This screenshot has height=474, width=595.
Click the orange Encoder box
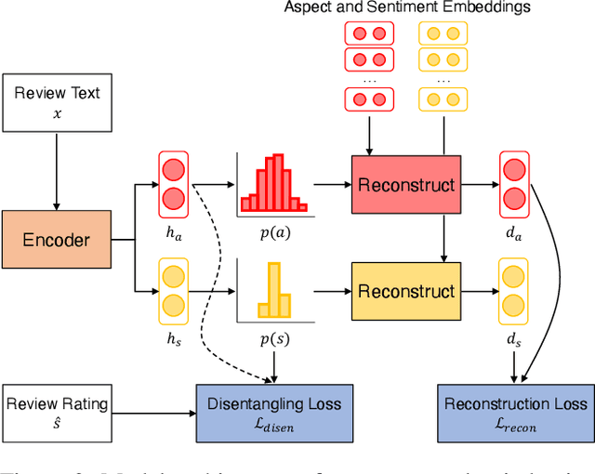pos(56,240)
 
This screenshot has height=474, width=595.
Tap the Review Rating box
pos(56,412)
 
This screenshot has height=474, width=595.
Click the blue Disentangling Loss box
pos(275,412)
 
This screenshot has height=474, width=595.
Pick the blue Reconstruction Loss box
pos(516,412)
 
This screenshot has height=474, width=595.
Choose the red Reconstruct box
pos(406,185)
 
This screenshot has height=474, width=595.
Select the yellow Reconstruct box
pos(406,292)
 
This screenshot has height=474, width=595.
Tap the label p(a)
pos(275,231)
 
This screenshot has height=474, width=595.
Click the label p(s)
pos(275,340)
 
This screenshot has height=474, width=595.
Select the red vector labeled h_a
pos(174,185)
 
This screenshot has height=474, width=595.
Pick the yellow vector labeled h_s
pos(174,292)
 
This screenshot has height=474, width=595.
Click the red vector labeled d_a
pos(514,185)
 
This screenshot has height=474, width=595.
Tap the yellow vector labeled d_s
pos(514,292)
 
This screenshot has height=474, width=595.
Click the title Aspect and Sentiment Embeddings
pos(406,8)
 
